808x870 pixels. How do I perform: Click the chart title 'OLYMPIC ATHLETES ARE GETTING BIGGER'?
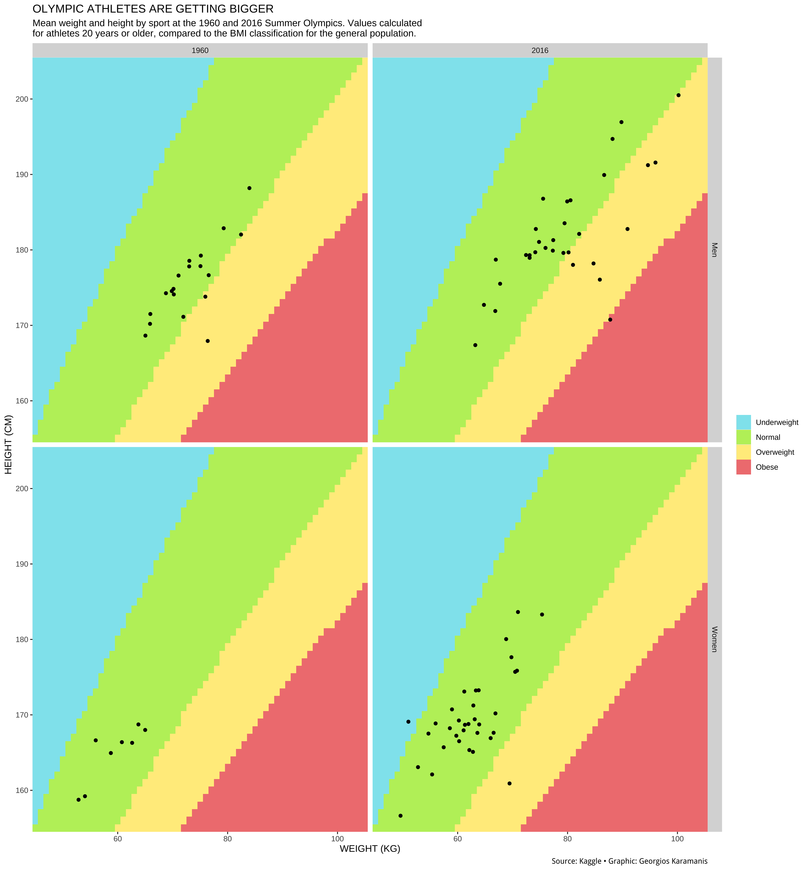click(153, 9)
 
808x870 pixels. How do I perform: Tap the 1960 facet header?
click(200, 50)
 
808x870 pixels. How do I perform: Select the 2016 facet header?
click(540, 50)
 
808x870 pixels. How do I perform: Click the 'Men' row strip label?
click(714, 250)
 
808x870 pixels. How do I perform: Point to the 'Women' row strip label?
click(714, 639)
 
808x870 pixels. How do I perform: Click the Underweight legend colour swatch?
click(743, 422)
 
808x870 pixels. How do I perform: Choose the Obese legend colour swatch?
click(743, 467)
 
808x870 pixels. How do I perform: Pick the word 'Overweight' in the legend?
click(775, 452)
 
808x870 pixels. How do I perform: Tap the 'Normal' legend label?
click(768, 437)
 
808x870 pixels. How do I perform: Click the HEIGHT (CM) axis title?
click(8, 444)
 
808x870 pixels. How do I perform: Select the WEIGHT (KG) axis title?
click(370, 849)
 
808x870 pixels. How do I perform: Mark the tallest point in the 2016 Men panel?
click(678, 95)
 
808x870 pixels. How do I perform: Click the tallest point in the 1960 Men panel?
click(249, 188)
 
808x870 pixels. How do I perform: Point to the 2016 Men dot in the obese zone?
click(610, 319)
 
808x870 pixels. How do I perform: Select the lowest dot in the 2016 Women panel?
click(400, 816)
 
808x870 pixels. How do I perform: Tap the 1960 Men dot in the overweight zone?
click(208, 341)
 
